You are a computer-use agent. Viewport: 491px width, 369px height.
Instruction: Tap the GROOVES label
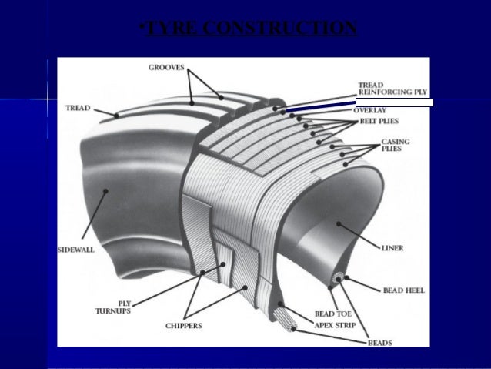coord(166,68)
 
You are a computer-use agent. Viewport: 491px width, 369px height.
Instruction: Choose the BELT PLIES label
coord(376,122)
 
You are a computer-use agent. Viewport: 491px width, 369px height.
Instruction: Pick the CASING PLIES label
coord(396,145)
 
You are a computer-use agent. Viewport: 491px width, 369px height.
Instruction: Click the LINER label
coord(392,249)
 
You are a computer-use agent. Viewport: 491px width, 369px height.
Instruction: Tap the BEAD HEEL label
coord(403,291)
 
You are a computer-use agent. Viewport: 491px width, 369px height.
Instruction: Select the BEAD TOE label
coord(333,314)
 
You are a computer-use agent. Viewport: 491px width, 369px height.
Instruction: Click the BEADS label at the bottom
coord(380,342)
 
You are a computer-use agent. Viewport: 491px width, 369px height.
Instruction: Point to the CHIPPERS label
coord(184,326)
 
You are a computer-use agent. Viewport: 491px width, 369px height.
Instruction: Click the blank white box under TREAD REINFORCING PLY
coord(394,102)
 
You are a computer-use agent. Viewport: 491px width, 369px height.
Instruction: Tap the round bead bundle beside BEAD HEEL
coord(338,278)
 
